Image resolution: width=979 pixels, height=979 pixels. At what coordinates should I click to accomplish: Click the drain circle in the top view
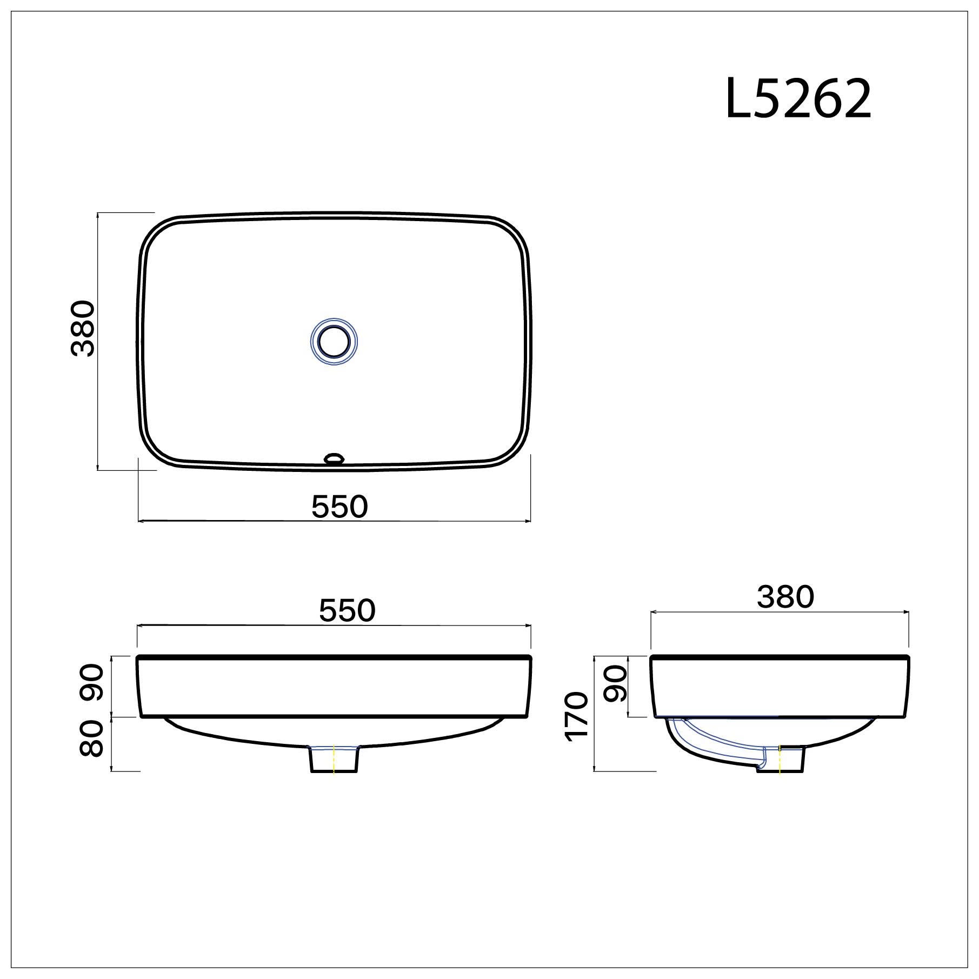[334, 342]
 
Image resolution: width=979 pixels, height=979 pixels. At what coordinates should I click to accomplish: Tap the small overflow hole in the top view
[334, 459]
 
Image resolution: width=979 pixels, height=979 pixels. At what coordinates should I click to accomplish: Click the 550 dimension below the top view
[339, 507]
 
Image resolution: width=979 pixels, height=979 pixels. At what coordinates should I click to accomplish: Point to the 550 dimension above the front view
[347, 610]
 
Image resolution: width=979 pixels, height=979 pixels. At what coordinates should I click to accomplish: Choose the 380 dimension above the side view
[785, 597]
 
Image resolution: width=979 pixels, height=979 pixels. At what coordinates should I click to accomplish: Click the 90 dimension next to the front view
[92, 683]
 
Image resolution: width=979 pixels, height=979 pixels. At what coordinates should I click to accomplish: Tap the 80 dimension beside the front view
[92, 740]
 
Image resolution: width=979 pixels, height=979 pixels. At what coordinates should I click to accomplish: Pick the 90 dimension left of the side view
[615, 683]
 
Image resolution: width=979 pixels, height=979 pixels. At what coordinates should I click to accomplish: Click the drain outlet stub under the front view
[334, 759]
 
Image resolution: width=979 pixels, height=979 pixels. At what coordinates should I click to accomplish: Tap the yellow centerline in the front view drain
[334, 759]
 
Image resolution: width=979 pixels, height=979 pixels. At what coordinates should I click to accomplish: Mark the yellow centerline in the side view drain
[780, 759]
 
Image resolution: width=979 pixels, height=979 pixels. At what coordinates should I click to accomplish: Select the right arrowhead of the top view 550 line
[528, 521]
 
